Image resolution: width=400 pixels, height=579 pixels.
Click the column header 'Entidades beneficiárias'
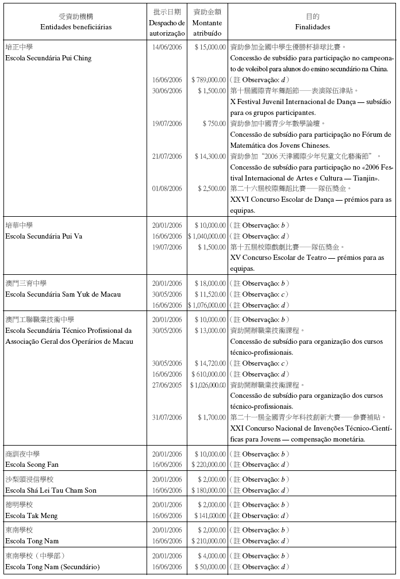click(76, 27)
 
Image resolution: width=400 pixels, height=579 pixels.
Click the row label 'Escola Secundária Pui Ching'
click(48, 58)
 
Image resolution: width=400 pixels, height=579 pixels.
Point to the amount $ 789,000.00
click(208, 79)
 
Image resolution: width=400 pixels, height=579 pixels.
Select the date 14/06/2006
click(167, 47)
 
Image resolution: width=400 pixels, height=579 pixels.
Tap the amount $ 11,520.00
click(211, 294)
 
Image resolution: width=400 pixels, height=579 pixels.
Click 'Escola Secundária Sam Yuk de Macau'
click(63, 294)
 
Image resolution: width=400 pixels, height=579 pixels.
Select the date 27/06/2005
click(167, 385)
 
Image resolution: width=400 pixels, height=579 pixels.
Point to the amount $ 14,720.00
click(211, 363)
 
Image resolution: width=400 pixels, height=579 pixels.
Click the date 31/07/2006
click(167, 417)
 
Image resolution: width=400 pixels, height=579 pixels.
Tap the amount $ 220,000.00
click(210, 464)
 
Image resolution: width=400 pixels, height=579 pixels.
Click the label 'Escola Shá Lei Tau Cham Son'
click(51, 490)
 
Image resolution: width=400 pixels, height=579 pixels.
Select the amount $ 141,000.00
click(210, 516)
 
